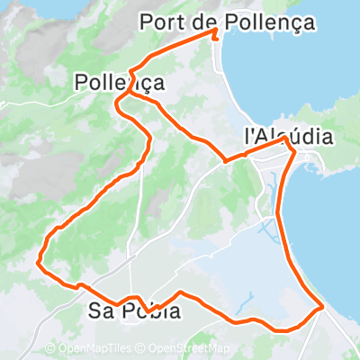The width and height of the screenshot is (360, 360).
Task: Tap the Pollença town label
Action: (120, 83)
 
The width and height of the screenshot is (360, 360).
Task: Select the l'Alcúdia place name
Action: (288, 137)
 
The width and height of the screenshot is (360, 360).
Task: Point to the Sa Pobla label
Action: (135, 311)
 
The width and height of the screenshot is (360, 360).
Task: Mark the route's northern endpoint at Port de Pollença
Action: (217, 31)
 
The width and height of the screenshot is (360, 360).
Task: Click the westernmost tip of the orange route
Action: (38, 263)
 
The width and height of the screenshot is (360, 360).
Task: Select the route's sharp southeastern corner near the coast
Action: (322, 309)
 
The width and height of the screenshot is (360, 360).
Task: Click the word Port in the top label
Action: (162, 22)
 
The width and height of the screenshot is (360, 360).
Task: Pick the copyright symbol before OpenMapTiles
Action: (50, 349)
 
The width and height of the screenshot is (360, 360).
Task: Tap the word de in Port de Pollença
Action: (202, 22)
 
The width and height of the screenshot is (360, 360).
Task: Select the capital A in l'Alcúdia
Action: (265, 137)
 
